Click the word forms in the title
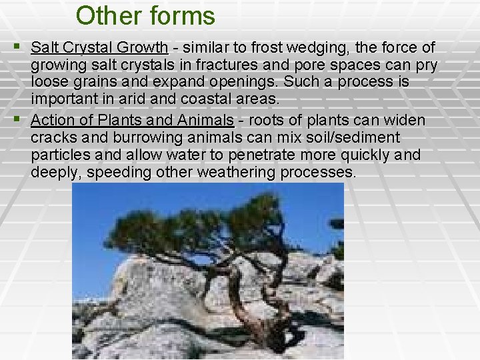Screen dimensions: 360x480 click(x=181, y=15)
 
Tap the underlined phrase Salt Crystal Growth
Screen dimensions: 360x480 click(x=99, y=47)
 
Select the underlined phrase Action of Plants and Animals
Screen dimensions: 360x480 click(x=132, y=120)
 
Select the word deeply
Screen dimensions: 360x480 click(x=52, y=172)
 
